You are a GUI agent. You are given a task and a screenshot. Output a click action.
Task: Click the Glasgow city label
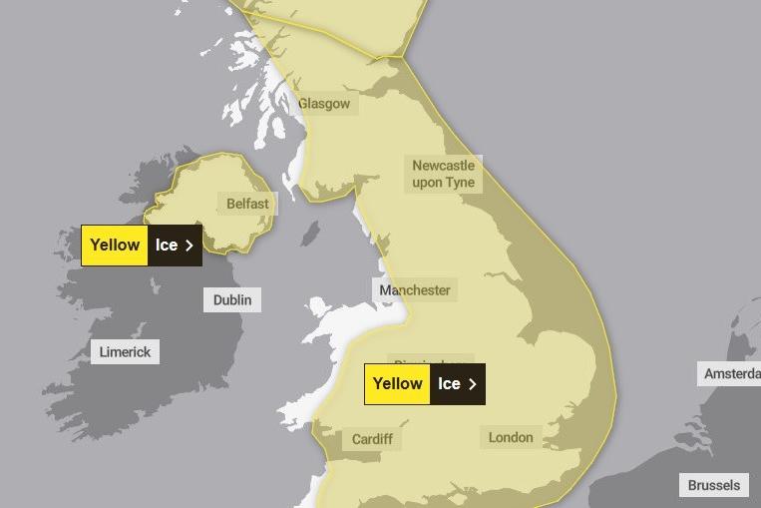(324, 104)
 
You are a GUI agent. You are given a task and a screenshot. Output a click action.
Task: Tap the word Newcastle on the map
(444, 166)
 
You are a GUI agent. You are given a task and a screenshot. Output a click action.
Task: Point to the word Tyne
(458, 183)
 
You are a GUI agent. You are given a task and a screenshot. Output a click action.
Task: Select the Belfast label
(247, 204)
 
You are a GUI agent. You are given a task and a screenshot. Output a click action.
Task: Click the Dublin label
(232, 299)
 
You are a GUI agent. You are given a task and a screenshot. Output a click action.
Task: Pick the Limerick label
(125, 351)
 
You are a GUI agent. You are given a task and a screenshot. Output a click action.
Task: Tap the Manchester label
(415, 290)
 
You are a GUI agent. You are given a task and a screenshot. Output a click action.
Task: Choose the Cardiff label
(372, 439)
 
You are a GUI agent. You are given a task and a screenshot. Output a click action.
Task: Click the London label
(511, 437)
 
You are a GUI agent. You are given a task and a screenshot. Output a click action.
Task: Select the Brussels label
(714, 485)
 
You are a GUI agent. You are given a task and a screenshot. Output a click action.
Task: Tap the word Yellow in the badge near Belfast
(115, 245)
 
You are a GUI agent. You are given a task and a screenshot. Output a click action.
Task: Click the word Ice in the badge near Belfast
(166, 245)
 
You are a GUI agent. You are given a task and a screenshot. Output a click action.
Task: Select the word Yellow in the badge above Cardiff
(397, 383)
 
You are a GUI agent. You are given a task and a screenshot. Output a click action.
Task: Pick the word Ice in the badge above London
(449, 383)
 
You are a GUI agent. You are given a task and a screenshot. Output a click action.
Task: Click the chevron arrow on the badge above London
(473, 383)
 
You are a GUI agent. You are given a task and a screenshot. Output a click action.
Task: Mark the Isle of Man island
(310, 233)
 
